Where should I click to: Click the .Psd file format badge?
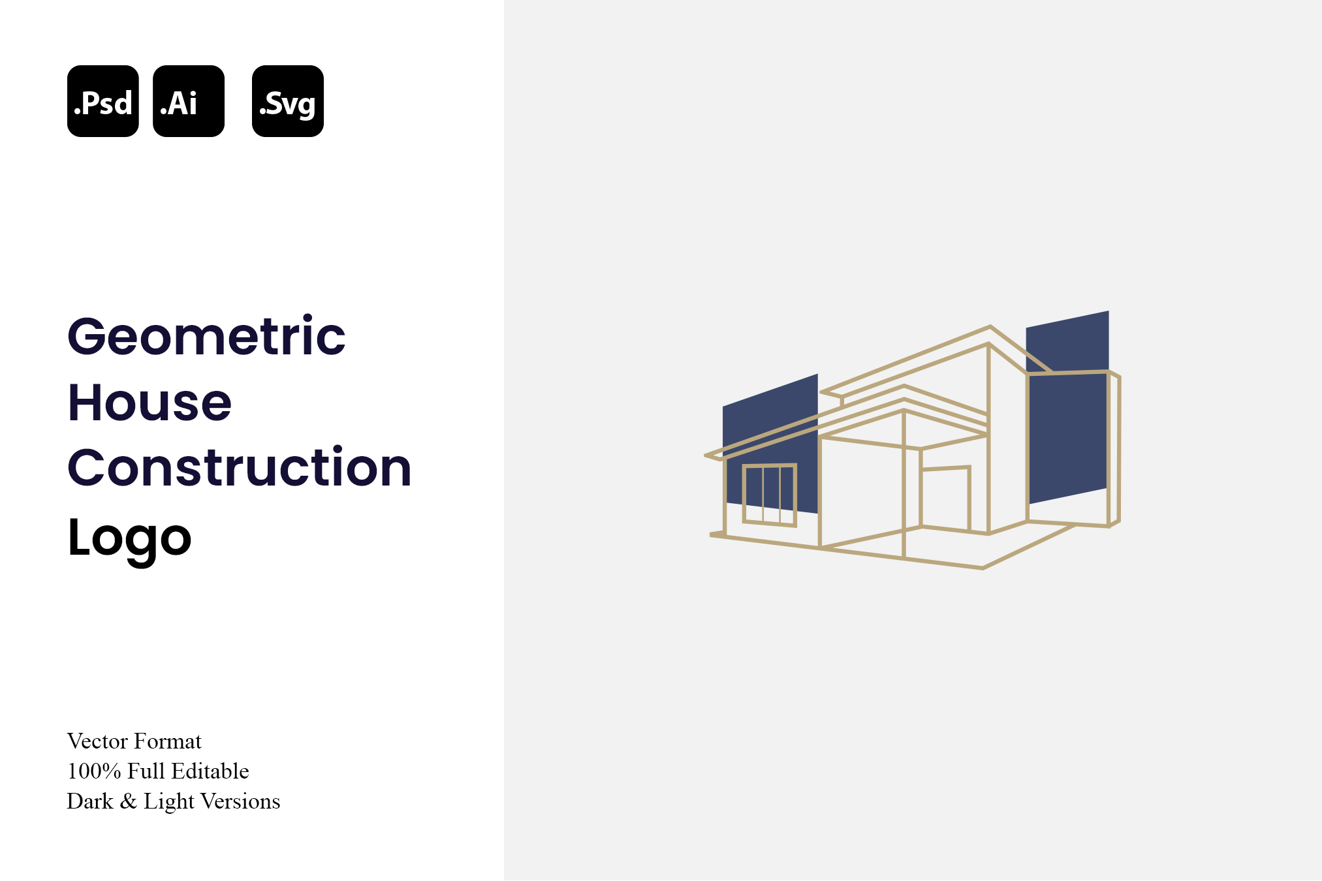(x=103, y=101)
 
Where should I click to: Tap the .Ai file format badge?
(x=189, y=101)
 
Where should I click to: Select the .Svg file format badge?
(x=288, y=101)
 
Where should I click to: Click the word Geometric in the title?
(x=206, y=337)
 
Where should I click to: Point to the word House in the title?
(x=150, y=403)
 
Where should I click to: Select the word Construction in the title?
(x=240, y=467)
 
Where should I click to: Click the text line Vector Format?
(x=134, y=741)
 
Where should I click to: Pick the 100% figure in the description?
(x=94, y=771)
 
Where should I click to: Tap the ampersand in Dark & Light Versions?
(x=129, y=801)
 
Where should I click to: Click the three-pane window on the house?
(x=770, y=495)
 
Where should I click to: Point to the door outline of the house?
(x=945, y=498)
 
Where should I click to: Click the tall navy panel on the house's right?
(x=1067, y=407)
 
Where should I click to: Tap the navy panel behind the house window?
(x=770, y=444)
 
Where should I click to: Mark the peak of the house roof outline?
(x=990, y=326)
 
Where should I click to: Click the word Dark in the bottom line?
(x=90, y=801)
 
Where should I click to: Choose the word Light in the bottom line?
(x=169, y=801)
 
